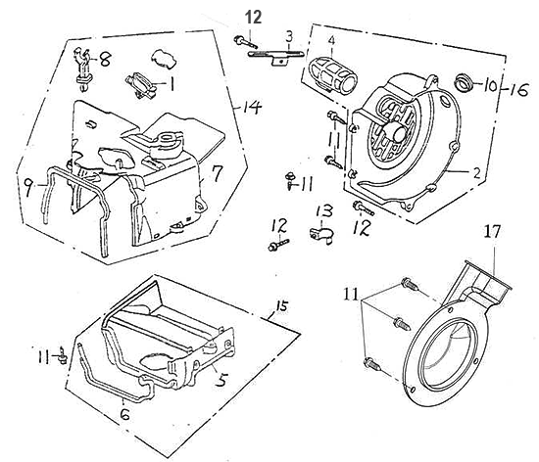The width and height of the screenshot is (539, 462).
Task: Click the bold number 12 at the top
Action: tap(254, 18)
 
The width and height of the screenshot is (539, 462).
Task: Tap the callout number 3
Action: tap(289, 36)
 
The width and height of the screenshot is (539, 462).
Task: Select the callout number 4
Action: tap(331, 40)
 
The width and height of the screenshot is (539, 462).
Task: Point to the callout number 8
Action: tap(105, 60)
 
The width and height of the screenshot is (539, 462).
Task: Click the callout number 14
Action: tap(252, 108)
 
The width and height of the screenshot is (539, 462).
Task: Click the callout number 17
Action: tap(492, 231)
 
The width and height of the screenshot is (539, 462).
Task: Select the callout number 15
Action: tap(281, 305)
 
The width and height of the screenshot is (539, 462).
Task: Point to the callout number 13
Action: tap(324, 211)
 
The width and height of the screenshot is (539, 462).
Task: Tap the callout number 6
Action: tap(124, 415)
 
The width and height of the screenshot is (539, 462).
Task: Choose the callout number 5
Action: tap(221, 380)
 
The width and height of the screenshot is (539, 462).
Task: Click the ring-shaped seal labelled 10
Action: tap(464, 83)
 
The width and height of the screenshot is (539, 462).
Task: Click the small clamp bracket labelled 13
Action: tap(321, 236)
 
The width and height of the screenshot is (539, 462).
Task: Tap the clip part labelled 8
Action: tap(82, 69)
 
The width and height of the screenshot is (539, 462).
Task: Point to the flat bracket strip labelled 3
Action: tap(275, 57)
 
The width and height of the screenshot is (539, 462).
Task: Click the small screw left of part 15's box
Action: tap(63, 355)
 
